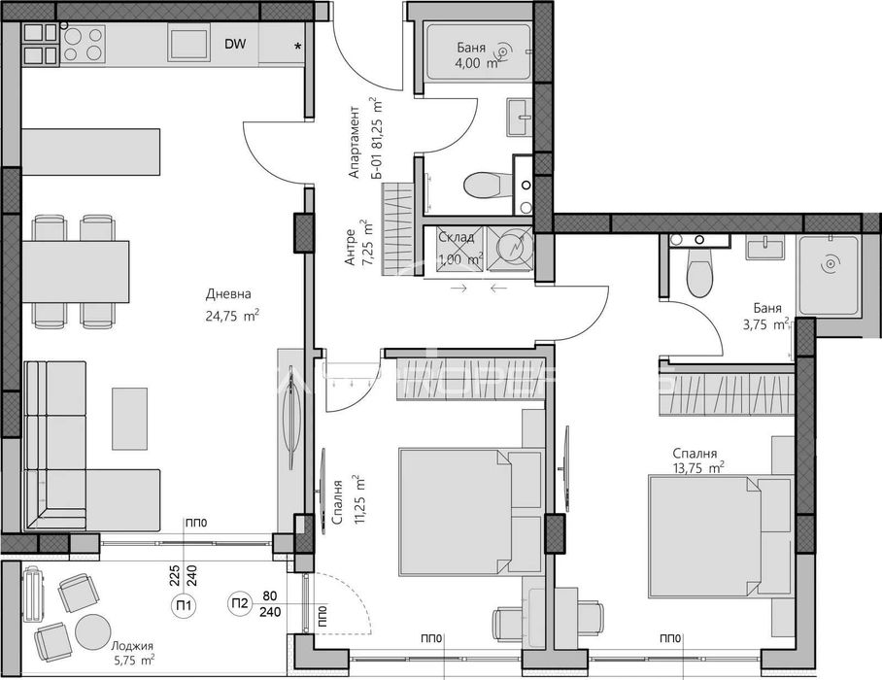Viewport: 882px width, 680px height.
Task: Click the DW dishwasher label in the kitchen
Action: click(235, 44)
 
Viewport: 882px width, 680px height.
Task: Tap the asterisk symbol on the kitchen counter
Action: click(298, 46)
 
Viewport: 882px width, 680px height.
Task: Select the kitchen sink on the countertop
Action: click(188, 44)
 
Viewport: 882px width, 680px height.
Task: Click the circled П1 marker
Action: click(183, 606)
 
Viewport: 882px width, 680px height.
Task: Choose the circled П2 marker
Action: click(240, 606)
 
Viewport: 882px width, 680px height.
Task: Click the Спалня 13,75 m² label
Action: click(698, 460)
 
